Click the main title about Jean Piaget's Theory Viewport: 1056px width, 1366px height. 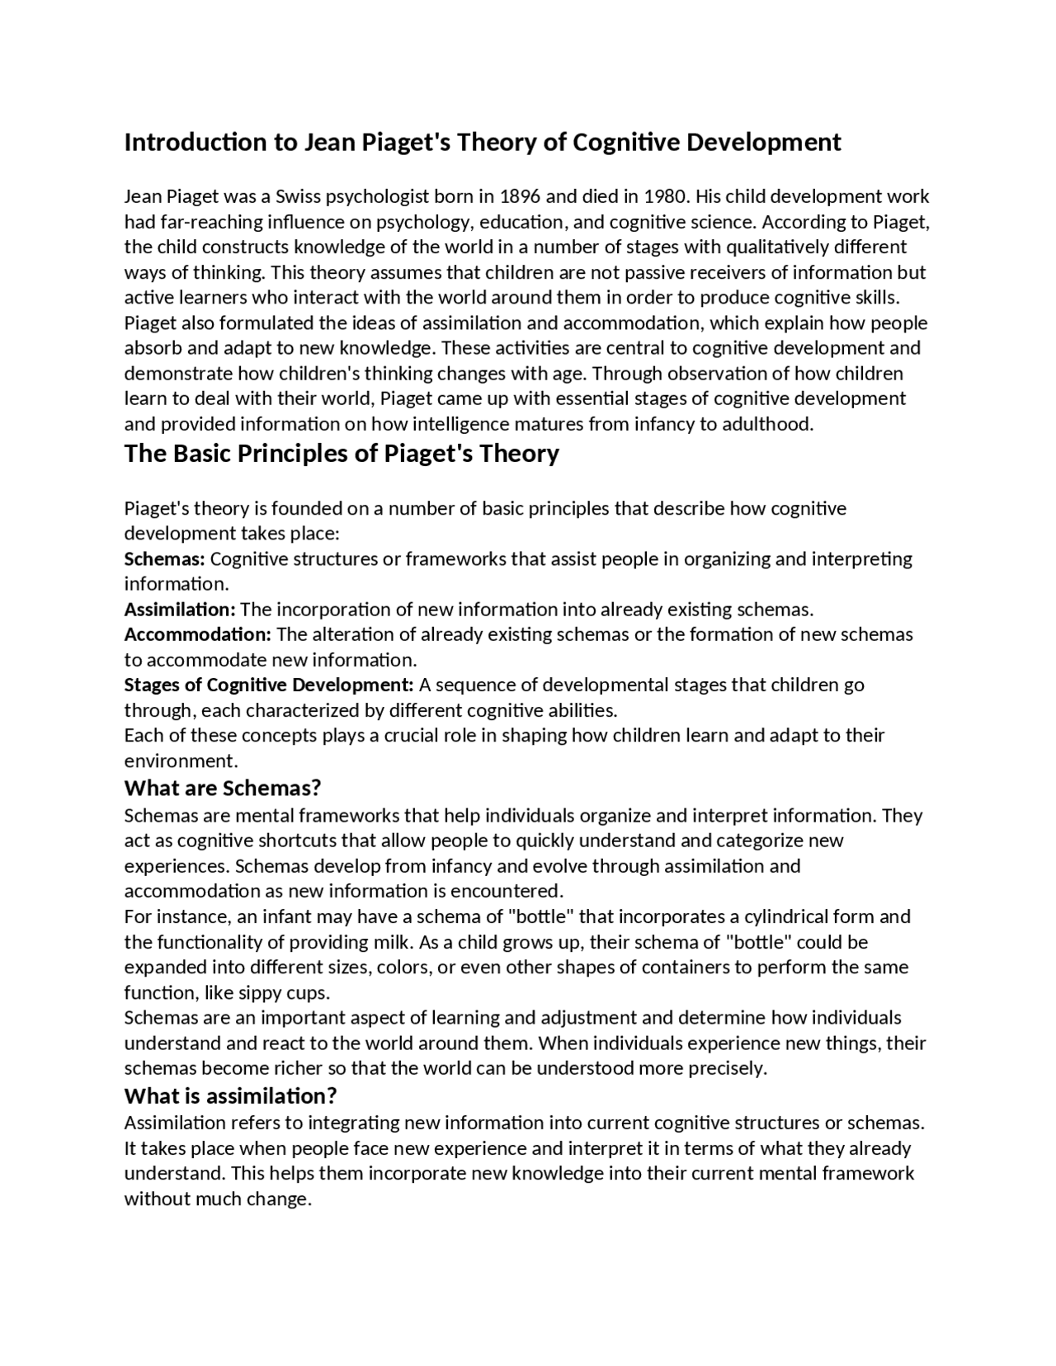coord(483,143)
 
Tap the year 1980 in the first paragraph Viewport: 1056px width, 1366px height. coord(664,196)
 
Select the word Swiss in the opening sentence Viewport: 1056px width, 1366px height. coord(298,196)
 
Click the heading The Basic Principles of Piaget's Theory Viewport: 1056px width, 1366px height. coord(342,454)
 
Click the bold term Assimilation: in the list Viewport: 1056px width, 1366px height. coord(180,610)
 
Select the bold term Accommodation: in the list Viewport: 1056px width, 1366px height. coord(198,635)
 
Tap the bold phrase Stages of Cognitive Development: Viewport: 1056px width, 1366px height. coord(269,685)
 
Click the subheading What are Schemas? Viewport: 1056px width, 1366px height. coord(223,788)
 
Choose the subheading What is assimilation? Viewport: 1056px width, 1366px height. coord(231,1096)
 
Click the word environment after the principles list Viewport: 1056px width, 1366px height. coord(179,761)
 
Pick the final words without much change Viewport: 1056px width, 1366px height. coord(217,1199)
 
